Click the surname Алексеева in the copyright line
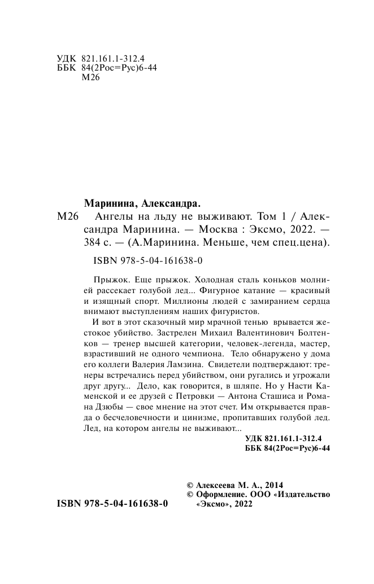pos(218,485)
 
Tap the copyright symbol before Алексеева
pos(190,485)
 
